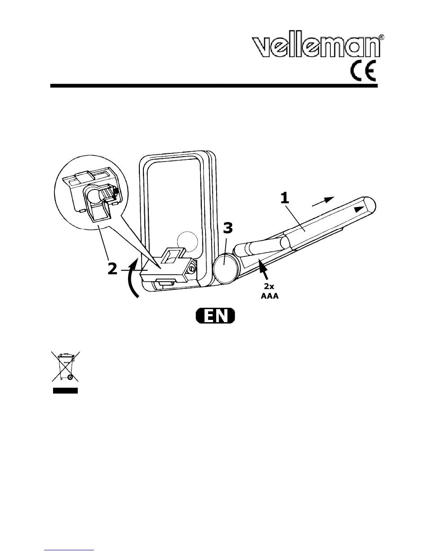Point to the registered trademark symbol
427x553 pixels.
382,37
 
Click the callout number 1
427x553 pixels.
285,198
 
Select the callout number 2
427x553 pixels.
113,269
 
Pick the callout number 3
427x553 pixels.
228,228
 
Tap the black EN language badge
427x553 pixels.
215,316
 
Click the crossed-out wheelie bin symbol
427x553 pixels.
66,366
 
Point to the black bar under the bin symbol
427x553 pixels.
65,391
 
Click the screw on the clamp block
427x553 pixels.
192,269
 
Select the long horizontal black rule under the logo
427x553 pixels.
214,86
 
